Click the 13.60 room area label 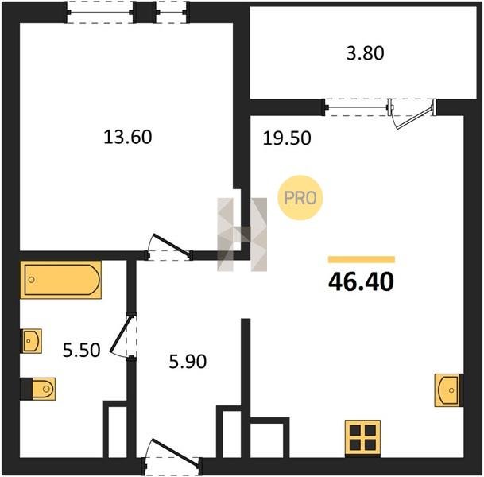point(128,137)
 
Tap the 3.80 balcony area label point(365,53)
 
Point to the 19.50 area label point(287,138)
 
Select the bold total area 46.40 point(361,282)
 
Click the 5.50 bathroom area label point(82,351)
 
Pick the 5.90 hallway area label point(188,362)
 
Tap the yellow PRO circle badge point(300,198)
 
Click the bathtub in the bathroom point(61,280)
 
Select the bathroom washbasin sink point(31,341)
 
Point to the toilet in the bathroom point(38,389)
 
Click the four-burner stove point(362,438)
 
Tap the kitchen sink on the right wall point(449,390)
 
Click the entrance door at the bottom point(174,452)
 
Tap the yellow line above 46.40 point(362,259)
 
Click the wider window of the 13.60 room point(100,13)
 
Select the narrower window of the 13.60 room point(172,13)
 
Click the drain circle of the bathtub point(32,280)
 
